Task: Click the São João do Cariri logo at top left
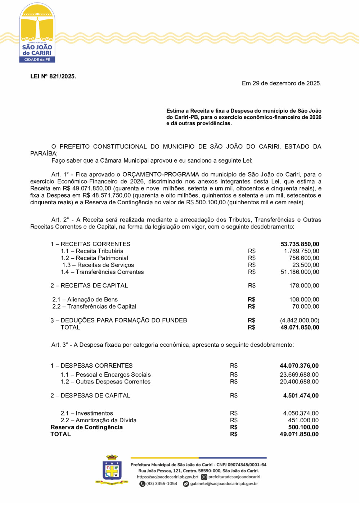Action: pos(37,33)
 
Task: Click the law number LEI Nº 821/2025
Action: pos(53,76)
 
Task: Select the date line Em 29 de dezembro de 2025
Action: pos(281,83)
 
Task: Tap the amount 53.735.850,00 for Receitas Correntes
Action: pos(300,244)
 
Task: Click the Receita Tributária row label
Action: pos(92,251)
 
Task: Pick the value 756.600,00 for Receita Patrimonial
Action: pos(304,258)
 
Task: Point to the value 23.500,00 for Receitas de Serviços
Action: pos(306,265)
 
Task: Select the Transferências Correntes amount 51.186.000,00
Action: pos(300,272)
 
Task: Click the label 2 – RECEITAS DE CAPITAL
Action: pos(89,286)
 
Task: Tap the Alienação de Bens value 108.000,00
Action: pos(304,300)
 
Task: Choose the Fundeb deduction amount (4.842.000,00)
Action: pos(300,321)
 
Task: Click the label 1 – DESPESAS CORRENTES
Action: pos(91,366)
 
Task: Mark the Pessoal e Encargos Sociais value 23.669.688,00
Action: pos(299,375)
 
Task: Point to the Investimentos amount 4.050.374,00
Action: pos(301,413)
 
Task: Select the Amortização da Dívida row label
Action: pos(99,420)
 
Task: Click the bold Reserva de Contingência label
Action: pos(87,427)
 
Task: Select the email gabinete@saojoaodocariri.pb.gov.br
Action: pos(224,484)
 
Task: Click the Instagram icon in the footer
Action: pos(204,477)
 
